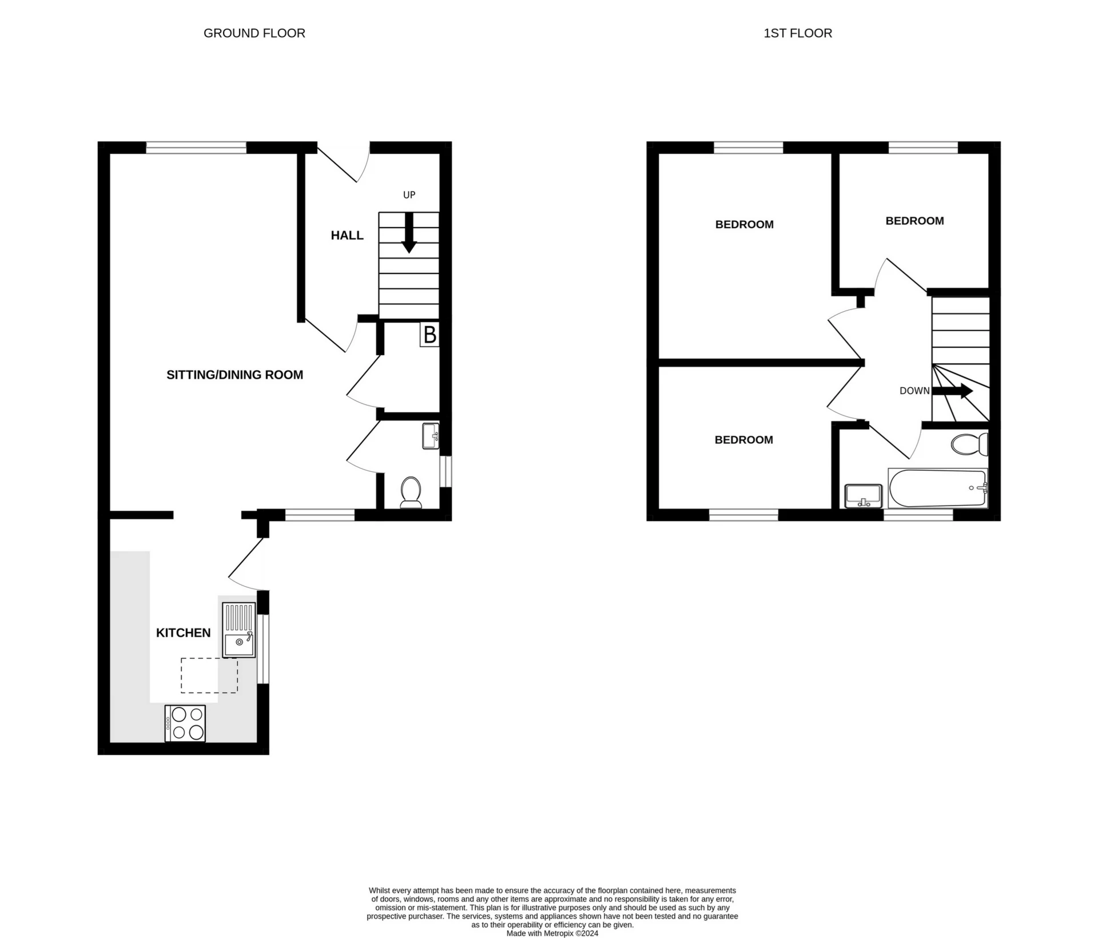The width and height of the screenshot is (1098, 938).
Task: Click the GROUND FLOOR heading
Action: tap(254, 33)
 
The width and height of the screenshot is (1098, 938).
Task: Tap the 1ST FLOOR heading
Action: tap(797, 33)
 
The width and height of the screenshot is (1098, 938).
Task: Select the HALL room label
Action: tap(347, 235)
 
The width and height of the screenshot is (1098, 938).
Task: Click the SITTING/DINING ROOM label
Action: tap(234, 375)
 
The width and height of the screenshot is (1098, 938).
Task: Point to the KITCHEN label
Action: tap(183, 633)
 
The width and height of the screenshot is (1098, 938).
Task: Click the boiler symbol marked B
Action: tap(429, 335)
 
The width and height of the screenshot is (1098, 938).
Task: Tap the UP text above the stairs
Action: tap(409, 194)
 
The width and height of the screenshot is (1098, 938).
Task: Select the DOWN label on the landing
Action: tap(914, 391)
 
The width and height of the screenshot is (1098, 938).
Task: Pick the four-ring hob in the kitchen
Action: tap(185, 723)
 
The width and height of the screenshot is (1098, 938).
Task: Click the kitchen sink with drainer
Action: tap(238, 630)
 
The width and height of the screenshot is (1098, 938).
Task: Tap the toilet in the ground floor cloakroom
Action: tap(411, 492)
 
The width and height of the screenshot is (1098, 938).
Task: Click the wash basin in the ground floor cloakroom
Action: tap(430, 436)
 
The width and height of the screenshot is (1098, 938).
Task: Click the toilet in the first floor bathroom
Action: tap(970, 444)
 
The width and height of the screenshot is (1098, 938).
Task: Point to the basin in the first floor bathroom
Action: tap(863, 496)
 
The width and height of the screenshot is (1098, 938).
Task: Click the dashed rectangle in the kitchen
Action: tap(209, 675)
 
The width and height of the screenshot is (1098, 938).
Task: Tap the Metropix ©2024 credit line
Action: tap(552, 933)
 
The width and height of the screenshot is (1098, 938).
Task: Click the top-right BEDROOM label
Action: tap(914, 221)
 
